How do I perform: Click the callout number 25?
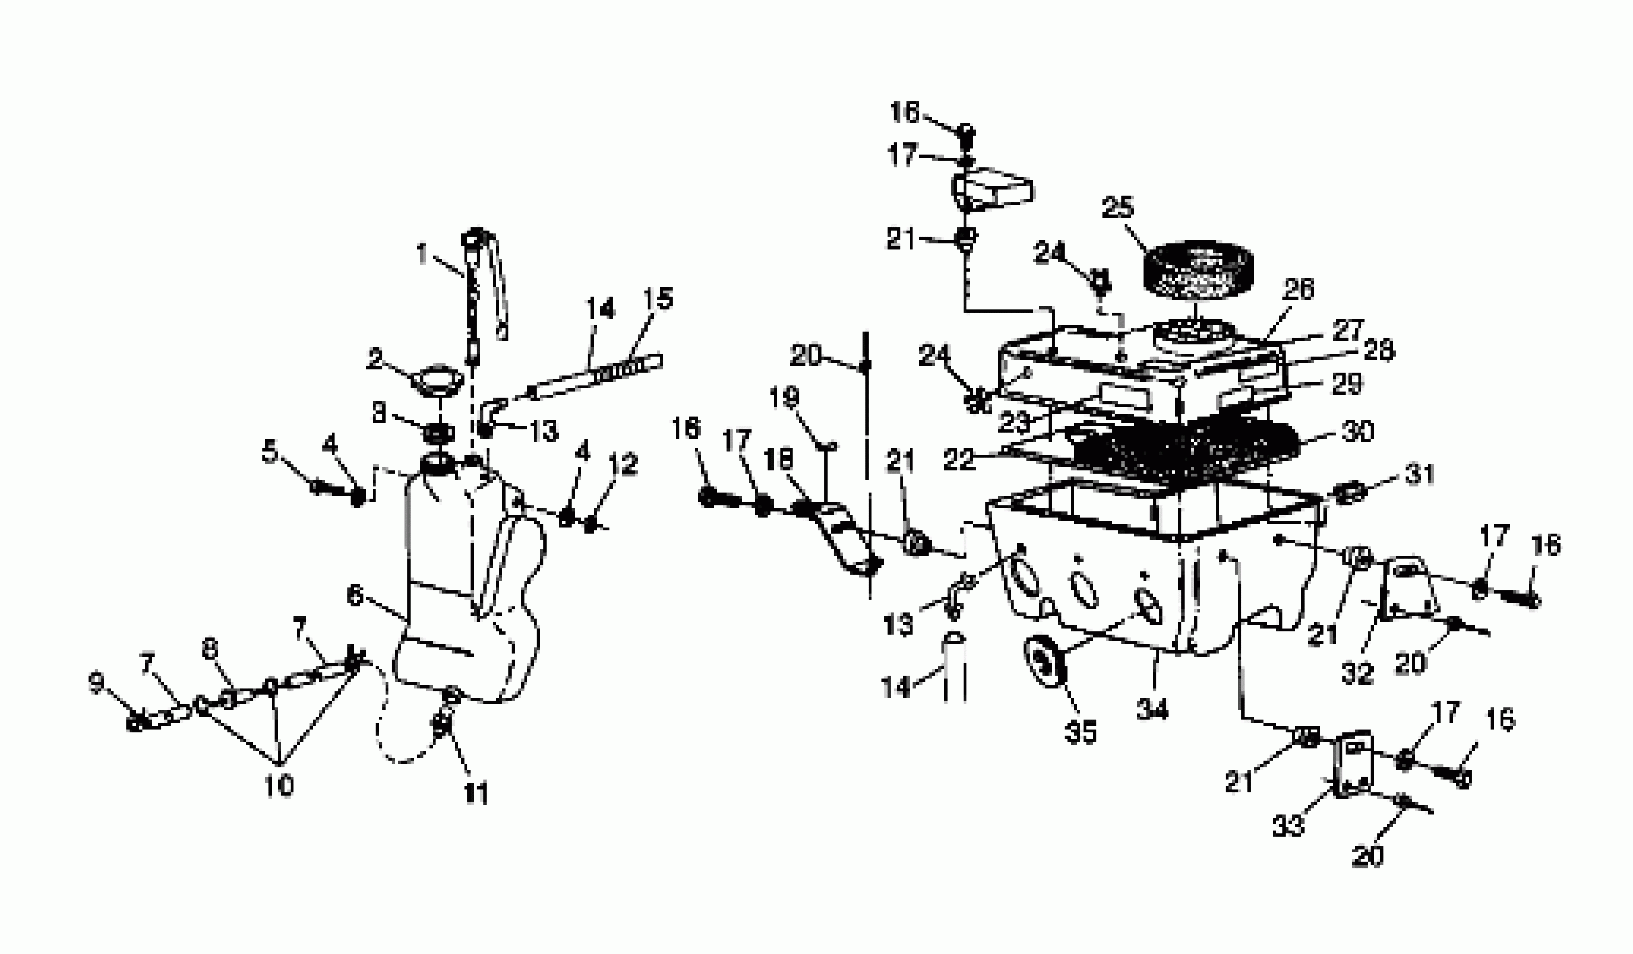coord(1118,208)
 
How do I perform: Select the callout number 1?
coord(423,254)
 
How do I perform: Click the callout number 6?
coord(355,595)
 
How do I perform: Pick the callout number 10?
coord(279,786)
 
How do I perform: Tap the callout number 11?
coord(476,794)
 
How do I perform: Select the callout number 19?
coord(784,397)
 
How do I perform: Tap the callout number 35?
coord(1080,732)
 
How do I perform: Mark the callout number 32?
coord(1357,673)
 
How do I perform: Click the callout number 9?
coord(96,684)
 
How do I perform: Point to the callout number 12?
coord(623,464)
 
